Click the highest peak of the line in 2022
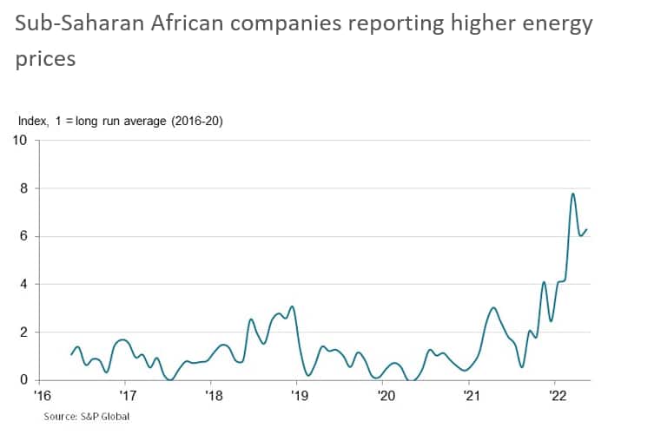(x=573, y=194)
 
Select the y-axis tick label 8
(x=24, y=188)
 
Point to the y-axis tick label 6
(x=24, y=236)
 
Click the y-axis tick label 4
(x=24, y=284)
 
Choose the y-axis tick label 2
(x=24, y=332)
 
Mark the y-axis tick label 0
(x=24, y=380)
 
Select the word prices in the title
(x=45, y=59)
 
